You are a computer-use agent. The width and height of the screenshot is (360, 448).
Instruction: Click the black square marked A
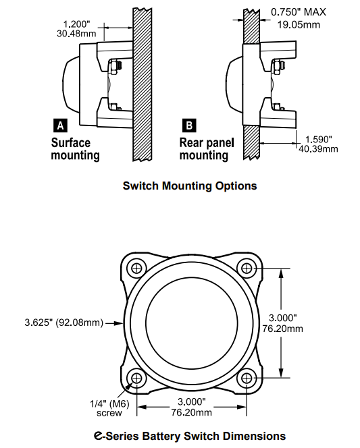(x=59, y=125)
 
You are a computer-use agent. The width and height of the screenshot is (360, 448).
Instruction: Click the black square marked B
(x=188, y=125)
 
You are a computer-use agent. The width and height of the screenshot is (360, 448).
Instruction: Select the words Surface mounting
(x=75, y=149)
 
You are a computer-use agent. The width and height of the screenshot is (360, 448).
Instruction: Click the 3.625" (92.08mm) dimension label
(x=62, y=323)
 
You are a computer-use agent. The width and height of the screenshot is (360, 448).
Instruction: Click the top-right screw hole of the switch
(x=247, y=268)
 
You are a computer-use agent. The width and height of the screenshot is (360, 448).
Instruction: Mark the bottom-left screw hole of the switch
(x=138, y=378)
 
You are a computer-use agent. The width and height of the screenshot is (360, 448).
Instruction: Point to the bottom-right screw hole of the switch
(x=247, y=378)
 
